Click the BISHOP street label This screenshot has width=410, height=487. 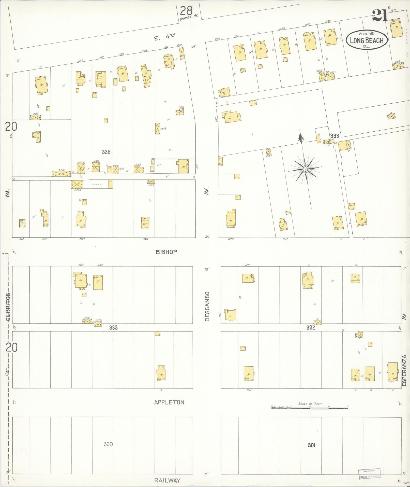(166, 252)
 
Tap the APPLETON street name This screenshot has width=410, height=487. (169, 402)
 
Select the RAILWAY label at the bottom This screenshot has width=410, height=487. (168, 480)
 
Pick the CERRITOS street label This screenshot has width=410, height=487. (9, 308)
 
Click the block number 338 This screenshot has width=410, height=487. (106, 152)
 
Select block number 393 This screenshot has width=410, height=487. (335, 136)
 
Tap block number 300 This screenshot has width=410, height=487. (108, 444)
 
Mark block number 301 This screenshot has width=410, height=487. (311, 445)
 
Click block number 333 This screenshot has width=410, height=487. (113, 328)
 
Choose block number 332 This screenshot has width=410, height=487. (311, 328)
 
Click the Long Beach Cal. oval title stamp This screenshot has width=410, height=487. (367, 40)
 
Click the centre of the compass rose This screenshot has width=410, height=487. (305, 169)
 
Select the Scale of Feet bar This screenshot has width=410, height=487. (310, 408)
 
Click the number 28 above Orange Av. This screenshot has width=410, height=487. (186, 11)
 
